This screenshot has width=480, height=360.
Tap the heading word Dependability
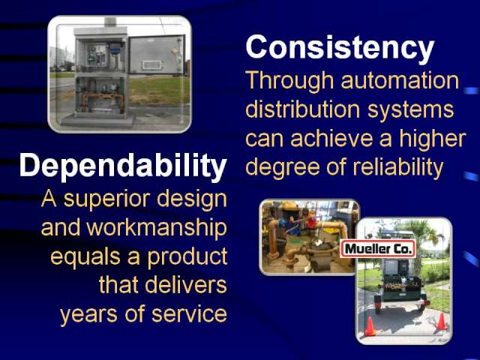pyautogui.click(x=123, y=166)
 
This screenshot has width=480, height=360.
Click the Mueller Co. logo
pyautogui.click(x=378, y=249)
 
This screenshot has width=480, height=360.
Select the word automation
pyautogui.click(x=400, y=80)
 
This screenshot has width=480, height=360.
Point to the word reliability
pyautogui.click(x=398, y=167)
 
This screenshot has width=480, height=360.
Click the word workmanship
pyautogui.click(x=157, y=228)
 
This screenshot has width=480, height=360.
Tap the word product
pyautogui.click(x=187, y=257)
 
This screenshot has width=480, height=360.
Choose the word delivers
pyautogui.click(x=186, y=285)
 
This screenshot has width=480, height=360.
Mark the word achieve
pyautogui.click(x=331, y=138)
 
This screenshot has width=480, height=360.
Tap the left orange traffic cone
pyautogui.click(x=370, y=326)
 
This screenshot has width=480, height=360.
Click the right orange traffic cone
pyautogui.click(x=441, y=321)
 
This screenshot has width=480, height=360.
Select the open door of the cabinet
pyautogui.click(x=157, y=55)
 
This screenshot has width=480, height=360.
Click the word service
pyautogui.click(x=189, y=314)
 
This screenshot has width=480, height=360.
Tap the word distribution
pyautogui.click(x=302, y=109)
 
